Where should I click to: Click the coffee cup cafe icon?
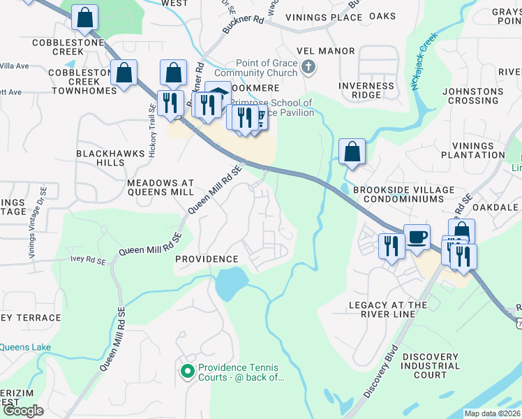(417, 237)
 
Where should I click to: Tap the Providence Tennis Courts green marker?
(187, 371)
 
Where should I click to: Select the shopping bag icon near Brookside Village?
(352, 152)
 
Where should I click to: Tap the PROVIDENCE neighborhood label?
(206, 259)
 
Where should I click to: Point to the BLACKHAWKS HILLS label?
(100, 158)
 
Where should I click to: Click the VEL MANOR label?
(325, 51)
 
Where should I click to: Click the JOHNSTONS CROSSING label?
(472, 96)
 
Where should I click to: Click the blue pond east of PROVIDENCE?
(230, 284)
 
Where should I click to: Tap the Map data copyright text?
(492, 413)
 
